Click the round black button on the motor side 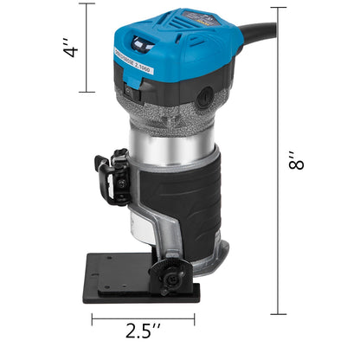click(204, 98)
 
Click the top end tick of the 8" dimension click(278, 8)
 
